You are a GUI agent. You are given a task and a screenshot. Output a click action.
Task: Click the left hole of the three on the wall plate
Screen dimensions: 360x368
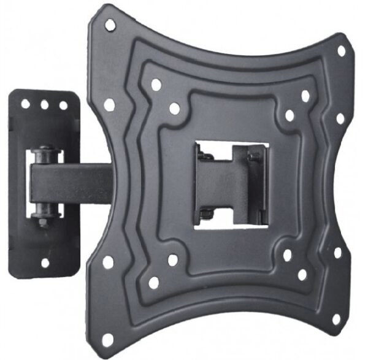pos(26,104)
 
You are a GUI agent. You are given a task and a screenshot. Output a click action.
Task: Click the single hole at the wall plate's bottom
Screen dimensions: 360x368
pos(44,262)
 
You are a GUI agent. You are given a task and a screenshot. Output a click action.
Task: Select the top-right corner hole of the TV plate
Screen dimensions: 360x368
pos(342,51)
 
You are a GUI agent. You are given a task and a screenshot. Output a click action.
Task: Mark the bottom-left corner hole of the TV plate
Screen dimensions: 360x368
pos(109,336)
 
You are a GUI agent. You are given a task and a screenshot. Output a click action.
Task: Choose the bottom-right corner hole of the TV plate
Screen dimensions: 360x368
pos(335,320)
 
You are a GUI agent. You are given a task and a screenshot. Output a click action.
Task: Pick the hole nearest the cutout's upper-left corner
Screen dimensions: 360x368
pos(175,109)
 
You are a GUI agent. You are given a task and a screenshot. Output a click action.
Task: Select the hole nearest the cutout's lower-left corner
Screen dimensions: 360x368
pos(173,260)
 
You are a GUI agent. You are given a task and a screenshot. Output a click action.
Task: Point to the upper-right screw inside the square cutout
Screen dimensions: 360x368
pos(253,158)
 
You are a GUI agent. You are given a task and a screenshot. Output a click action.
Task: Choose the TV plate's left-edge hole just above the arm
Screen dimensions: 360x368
pos(109,105)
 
